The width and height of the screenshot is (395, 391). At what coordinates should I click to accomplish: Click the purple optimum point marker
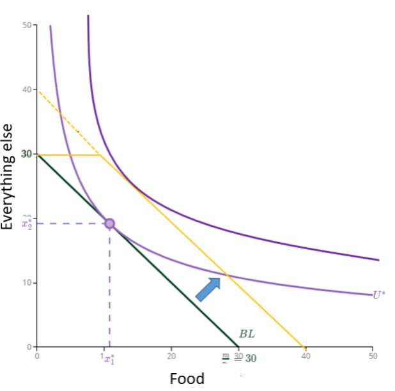click(x=109, y=223)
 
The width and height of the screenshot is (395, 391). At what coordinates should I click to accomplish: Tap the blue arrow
click(x=207, y=289)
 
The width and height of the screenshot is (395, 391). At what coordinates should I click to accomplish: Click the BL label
click(x=246, y=333)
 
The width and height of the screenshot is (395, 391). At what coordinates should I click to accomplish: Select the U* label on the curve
click(x=379, y=295)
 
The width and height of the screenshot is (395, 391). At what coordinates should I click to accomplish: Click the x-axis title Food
click(x=187, y=378)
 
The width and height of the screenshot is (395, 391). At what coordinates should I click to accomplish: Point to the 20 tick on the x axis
click(x=171, y=356)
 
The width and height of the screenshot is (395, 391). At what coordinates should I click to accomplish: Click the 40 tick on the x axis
click(x=305, y=356)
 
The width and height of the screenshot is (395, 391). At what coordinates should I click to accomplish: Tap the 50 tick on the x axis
click(x=372, y=356)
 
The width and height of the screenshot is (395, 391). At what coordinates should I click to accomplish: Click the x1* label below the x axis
click(x=109, y=358)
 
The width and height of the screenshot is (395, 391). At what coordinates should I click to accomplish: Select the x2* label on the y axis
click(x=26, y=224)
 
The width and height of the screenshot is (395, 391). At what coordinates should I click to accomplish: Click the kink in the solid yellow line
click(x=100, y=155)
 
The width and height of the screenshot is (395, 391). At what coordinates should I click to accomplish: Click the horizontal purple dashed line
click(x=70, y=223)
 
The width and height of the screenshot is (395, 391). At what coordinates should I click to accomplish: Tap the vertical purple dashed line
click(x=109, y=287)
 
